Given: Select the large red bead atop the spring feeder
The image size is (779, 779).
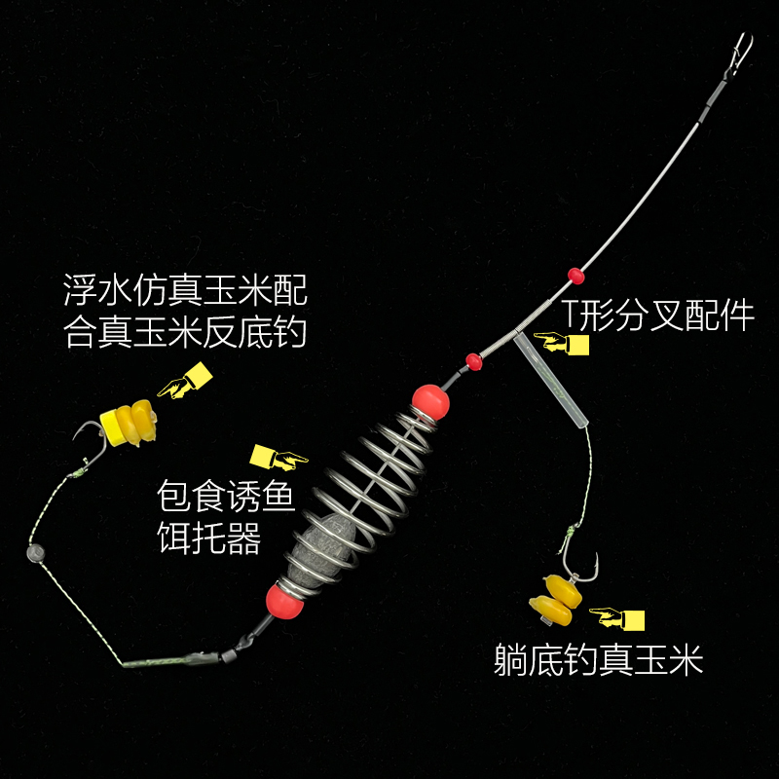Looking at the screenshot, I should click(x=429, y=399).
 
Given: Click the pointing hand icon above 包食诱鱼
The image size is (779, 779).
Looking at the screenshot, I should click(x=278, y=455).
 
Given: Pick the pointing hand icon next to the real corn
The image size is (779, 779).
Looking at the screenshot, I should click(x=619, y=615).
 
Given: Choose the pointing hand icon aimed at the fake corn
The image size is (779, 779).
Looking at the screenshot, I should click(x=185, y=383).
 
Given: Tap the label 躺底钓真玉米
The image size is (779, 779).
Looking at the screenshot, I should click(x=598, y=662).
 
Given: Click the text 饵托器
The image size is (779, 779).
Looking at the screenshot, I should click(x=208, y=538).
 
